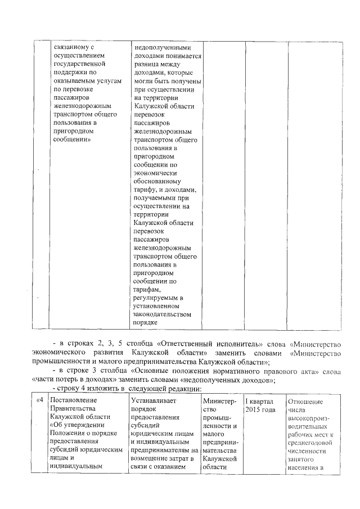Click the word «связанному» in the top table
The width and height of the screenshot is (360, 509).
point(70,48)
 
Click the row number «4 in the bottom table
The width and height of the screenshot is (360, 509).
point(40,400)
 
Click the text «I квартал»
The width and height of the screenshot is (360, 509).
point(259,401)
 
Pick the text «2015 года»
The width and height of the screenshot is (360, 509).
point(260,410)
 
